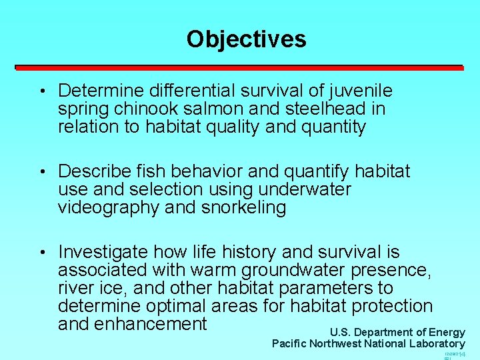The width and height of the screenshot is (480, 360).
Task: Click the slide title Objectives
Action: click(246, 39)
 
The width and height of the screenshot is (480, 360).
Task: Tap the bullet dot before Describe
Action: click(42, 173)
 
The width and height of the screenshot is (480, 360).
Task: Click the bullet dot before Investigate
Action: click(42, 253)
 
